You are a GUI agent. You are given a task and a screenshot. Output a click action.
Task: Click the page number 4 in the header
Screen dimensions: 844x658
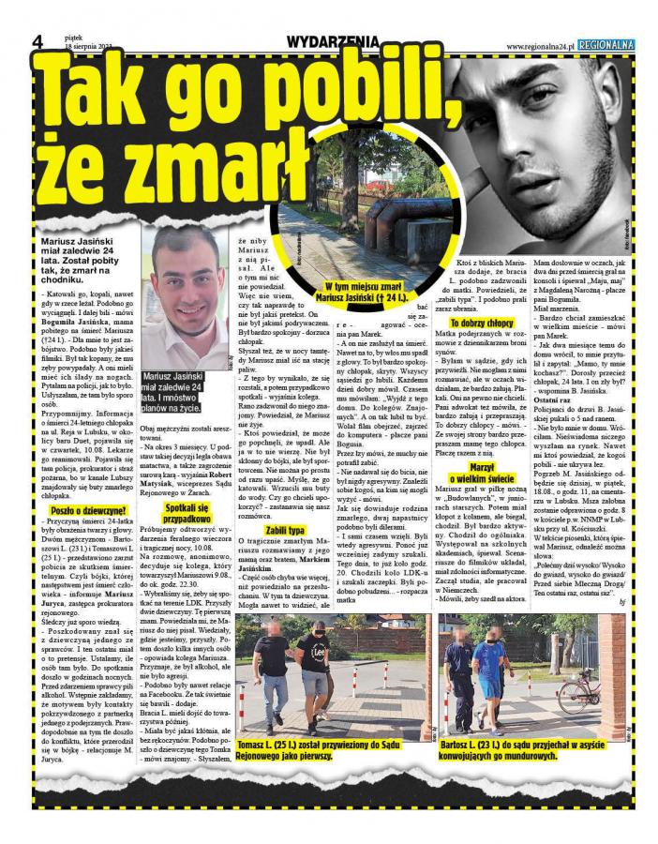(x=38, y=42)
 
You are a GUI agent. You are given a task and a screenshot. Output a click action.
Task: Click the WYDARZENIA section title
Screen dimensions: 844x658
(x=333, y=41)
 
